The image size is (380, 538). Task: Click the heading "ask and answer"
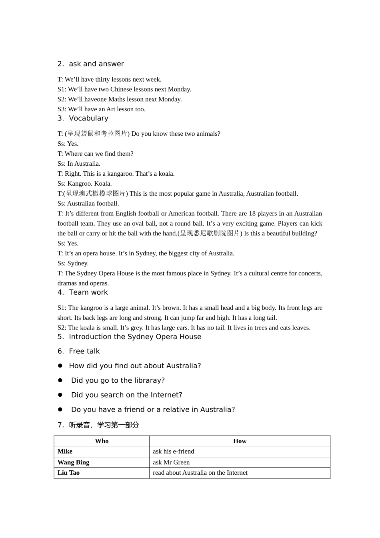96,64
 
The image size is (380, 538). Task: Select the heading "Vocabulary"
88,118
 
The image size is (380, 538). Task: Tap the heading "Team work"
88,293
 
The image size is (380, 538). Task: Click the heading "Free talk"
84,351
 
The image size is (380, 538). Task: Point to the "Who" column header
102,441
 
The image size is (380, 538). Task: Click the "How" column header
240,441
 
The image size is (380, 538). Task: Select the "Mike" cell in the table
65,452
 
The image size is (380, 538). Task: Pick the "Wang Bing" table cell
73,462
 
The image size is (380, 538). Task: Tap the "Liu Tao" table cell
68,473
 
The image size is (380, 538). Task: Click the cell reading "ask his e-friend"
173,452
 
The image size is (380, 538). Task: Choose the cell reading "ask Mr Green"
171,462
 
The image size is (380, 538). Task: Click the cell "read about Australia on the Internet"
200,473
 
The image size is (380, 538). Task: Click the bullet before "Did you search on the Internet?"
60,395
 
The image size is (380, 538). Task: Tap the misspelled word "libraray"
147,381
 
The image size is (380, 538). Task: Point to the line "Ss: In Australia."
79,164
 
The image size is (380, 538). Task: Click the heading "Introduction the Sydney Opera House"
135,337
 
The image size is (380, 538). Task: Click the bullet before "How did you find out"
60,366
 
